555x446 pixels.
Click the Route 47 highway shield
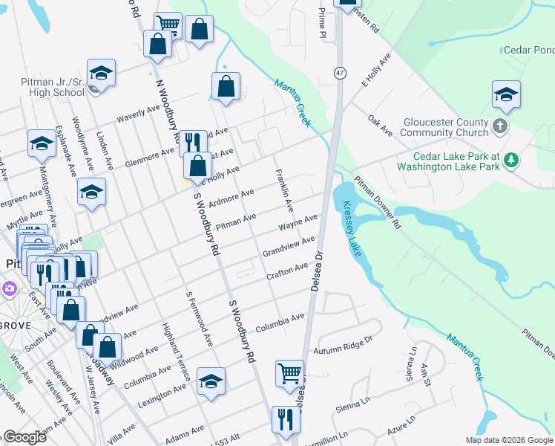tap(340, 73)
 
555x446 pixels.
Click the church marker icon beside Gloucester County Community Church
tap(500, 126)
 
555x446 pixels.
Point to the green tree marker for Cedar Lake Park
tap(510, 160)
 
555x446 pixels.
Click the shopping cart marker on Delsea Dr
tap(289, 372)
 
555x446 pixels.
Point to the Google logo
tap(24, 437)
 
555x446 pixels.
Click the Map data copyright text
tap(509, 440)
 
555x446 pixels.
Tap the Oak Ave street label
tap(380, 126)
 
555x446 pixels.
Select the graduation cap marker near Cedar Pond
tap(506, 94)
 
